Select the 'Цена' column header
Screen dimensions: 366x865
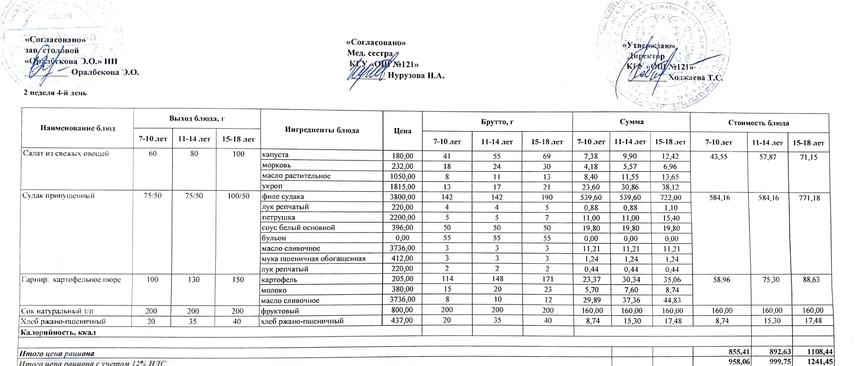402,131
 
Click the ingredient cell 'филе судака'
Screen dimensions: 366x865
282,196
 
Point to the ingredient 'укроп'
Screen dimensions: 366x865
272,187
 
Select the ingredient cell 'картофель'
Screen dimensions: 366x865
279,280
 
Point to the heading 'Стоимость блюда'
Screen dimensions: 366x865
759,123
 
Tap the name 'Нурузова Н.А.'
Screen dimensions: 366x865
416,76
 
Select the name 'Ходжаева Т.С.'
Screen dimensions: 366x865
696,78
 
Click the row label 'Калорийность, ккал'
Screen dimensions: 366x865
57,332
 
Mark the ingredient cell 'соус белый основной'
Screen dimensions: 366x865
298,228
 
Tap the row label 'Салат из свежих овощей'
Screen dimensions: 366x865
65,154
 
